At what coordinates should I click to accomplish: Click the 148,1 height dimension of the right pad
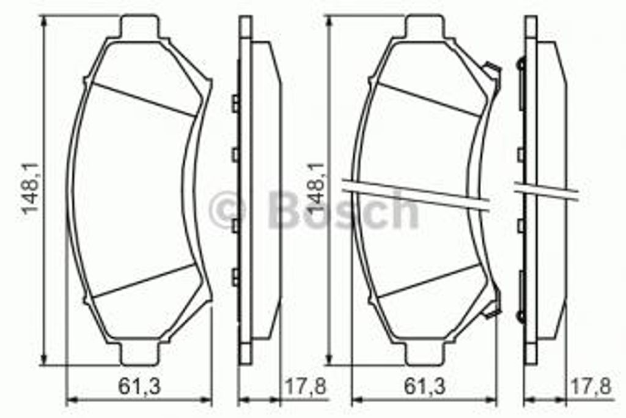[315, 188]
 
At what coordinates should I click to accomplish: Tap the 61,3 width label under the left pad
[139, 386]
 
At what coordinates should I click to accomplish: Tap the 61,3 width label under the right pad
[424, 386]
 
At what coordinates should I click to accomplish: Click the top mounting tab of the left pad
[139, 27]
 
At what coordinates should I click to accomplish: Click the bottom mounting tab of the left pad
[139, 354]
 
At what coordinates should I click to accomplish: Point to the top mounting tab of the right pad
[425, 27]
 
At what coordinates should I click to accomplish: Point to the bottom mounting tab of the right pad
[425, 354]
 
